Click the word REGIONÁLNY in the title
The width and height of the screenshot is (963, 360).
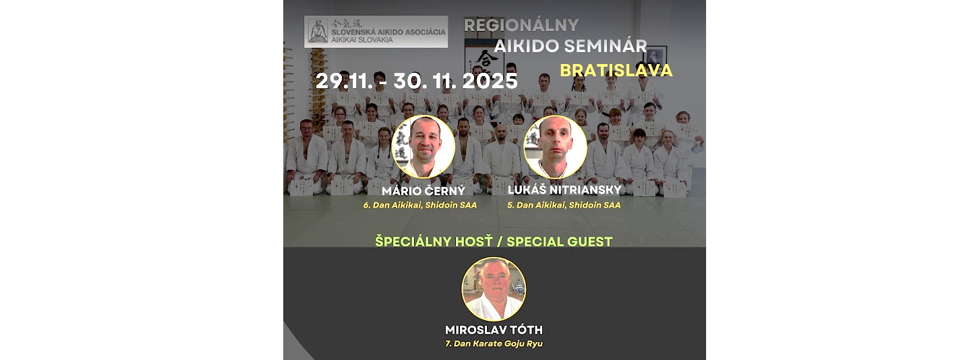pyautogui.click(x=521, y=26)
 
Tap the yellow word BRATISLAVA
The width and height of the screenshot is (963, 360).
pyautogui.click(x=616, y=71)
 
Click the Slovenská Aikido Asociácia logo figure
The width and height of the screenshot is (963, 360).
pyautogui.click(x=318, y=31)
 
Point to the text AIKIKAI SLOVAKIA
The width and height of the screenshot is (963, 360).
pyautogui.click(x=361, y=40)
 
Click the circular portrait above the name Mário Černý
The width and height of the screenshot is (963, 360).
pyautogui.click(x=424, y=147)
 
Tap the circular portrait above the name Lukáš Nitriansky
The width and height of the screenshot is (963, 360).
pyautogui.click(x=555, y=147)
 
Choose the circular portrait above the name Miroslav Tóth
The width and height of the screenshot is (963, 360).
pyautogui.click(x=494, y=289)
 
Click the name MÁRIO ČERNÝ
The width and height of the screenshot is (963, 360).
pyautogui.click(x=424, y=190)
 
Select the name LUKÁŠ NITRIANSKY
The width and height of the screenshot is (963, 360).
pyautogui.click(x=564, y=189)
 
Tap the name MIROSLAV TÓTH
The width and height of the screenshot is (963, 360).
pyautogui.click(x=494, y=330)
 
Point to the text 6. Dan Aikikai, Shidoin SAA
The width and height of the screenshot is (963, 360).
pyautogui.click(x=420, y=206)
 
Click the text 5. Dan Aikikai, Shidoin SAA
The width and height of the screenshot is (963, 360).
pyautogui.click(x=564, y=206)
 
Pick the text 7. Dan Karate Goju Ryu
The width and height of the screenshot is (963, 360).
pyautogui.click(x=494, y=344)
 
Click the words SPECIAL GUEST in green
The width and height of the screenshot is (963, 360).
pyautogui.click(x=559, y=241)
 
